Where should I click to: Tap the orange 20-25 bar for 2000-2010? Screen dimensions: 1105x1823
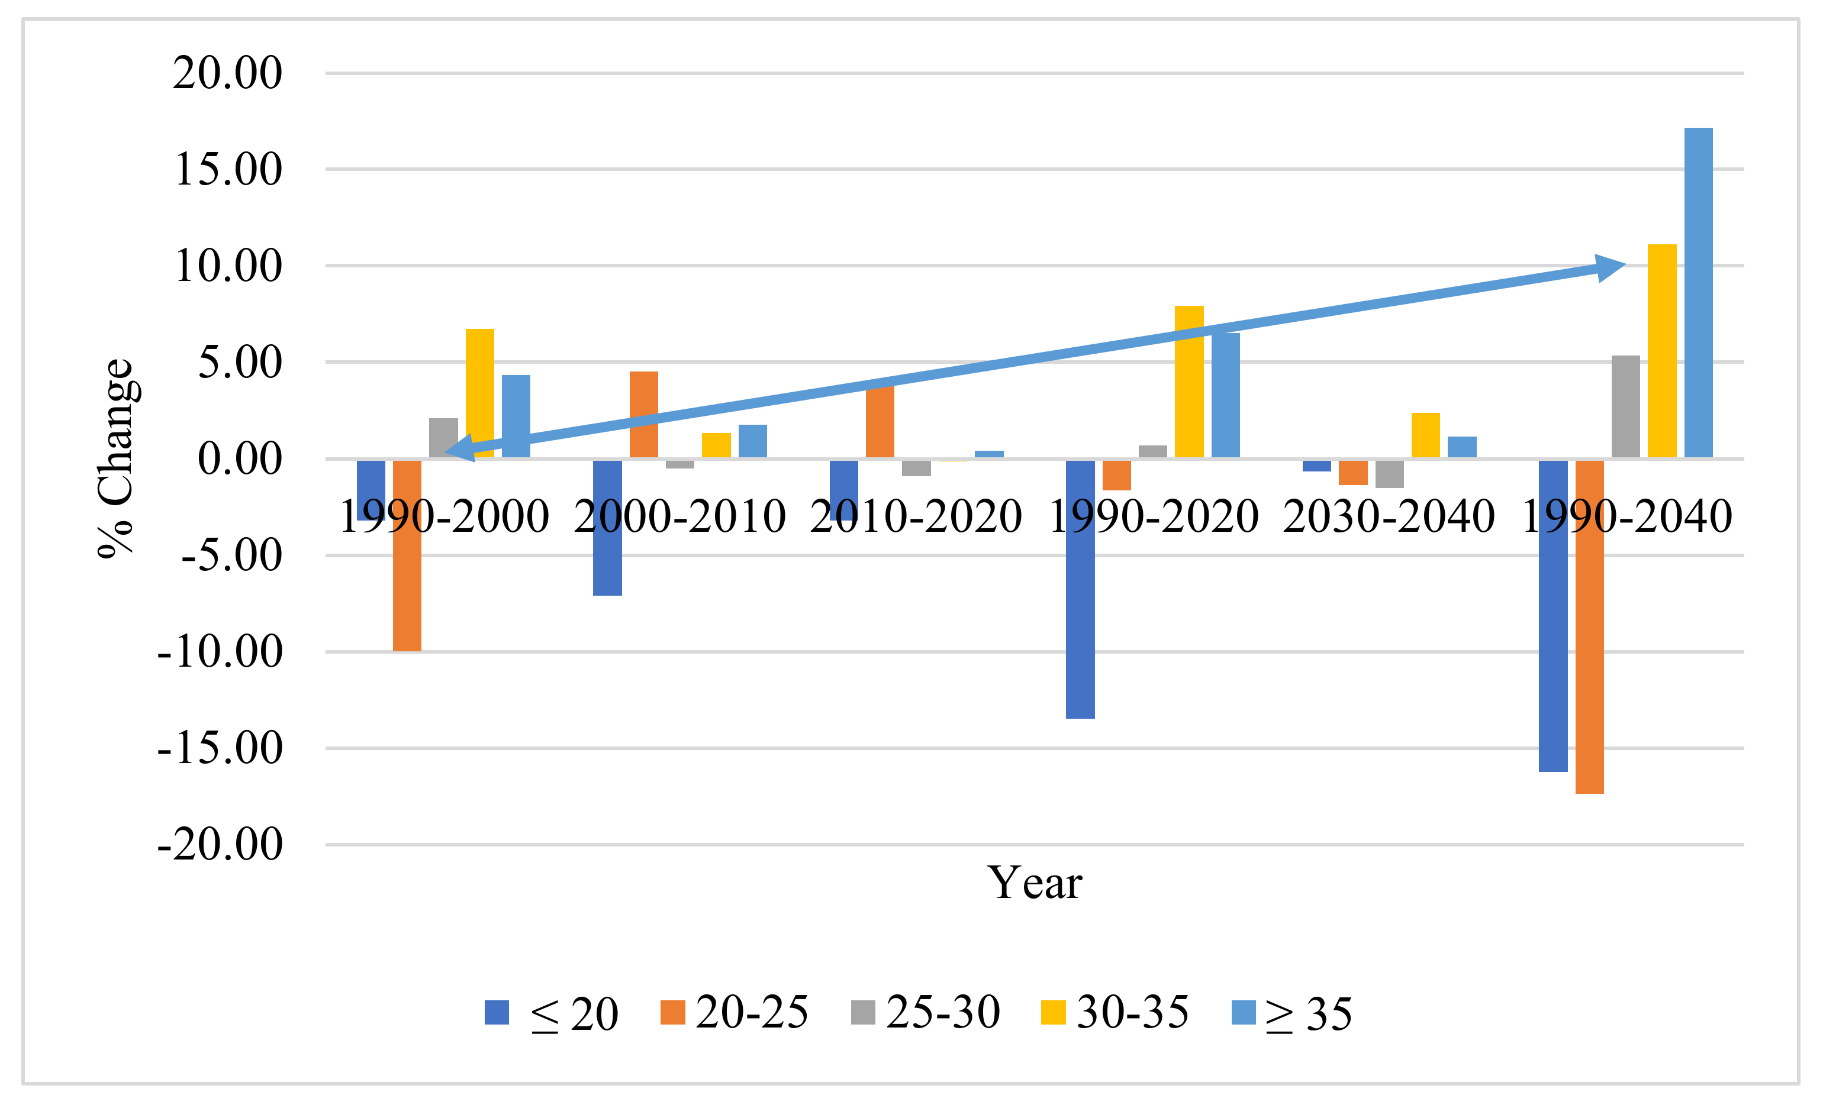pos(644,414)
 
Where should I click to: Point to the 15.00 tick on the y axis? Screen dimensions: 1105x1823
pos(228,169)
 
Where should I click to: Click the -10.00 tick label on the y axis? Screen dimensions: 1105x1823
pos(220,652)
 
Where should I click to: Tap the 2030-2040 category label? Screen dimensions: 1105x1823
pos(1388,516)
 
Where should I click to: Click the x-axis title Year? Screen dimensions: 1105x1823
pos(1035,883)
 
